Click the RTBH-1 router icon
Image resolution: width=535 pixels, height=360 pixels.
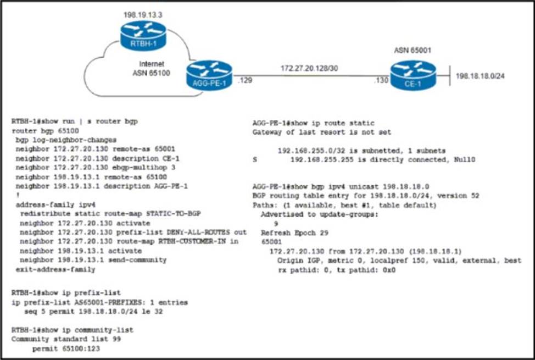[x=143, y=34]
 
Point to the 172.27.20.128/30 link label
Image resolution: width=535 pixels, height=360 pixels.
[x=310, y=68]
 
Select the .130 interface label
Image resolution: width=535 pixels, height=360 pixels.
[x=381, y=81]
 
